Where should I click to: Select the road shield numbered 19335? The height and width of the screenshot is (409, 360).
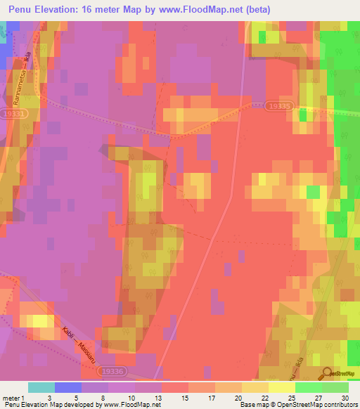(x=279, y=105)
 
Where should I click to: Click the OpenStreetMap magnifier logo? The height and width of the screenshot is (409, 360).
(x=328, y=375)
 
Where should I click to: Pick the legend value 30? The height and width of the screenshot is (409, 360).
(x=345, y=398)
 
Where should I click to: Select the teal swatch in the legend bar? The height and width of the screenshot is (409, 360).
(x=41, y=387)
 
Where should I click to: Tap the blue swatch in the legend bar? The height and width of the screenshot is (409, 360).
(x=68, y=387)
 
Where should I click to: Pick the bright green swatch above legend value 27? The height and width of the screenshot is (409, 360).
(x=309, y=387)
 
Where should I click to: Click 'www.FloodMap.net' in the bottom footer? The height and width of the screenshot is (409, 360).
(x=133, y=405)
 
